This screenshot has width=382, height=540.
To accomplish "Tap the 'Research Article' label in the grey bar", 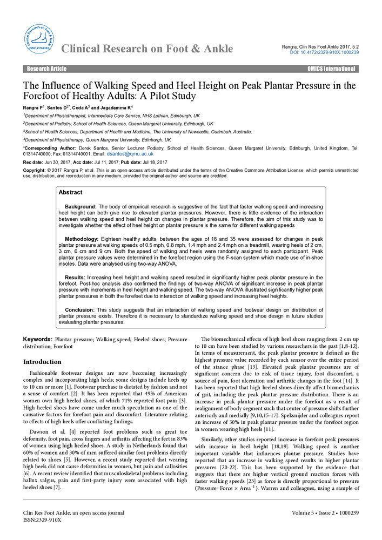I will [47, 69].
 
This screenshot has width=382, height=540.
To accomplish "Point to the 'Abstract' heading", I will [70, 192].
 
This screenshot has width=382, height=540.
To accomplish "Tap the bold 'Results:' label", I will [75, 278].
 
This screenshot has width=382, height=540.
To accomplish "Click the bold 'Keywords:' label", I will [37, 339].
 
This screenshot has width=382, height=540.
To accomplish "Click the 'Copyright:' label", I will [33, 170].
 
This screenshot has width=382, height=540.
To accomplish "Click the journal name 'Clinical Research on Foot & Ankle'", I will [147, 50].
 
